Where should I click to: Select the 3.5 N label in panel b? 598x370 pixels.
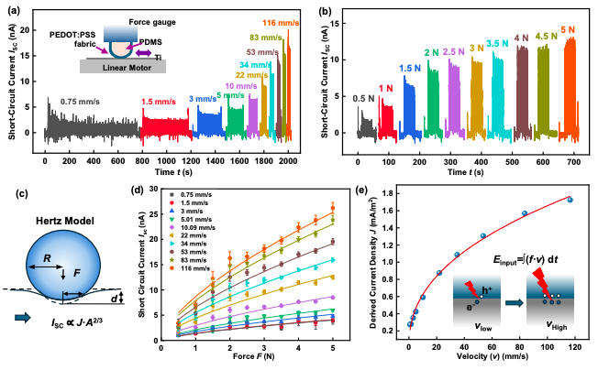point(497,44)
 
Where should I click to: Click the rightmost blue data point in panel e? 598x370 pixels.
point(570,200)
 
